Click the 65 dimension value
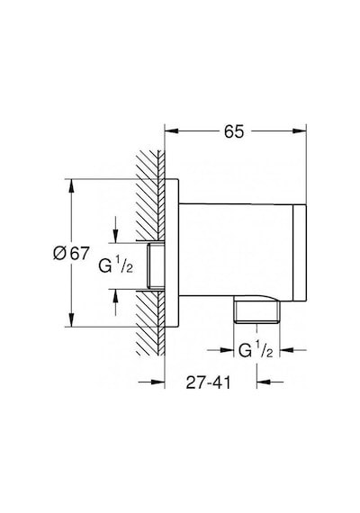[234, 131]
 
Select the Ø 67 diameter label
[71, 253]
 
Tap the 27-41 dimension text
[209, 382]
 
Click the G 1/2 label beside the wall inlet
[116, 266]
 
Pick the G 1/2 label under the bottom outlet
[256, 350]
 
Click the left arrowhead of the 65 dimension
[172, 131]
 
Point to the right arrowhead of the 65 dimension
[299, 131]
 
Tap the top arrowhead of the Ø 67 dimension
[71, 187]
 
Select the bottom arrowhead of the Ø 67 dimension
[71, 319]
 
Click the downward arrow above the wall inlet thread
[115, 229]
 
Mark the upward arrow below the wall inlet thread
[115, 302]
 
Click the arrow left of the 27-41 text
[151, 382]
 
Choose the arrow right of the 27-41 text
[270, 382]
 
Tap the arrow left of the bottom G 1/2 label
[220, 350]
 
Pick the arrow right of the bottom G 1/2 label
[293, 350]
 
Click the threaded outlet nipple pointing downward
[256, 311]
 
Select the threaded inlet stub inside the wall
[156, 266]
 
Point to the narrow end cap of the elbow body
[300, 252]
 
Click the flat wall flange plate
[172, 253]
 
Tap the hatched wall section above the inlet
[150, 195]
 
